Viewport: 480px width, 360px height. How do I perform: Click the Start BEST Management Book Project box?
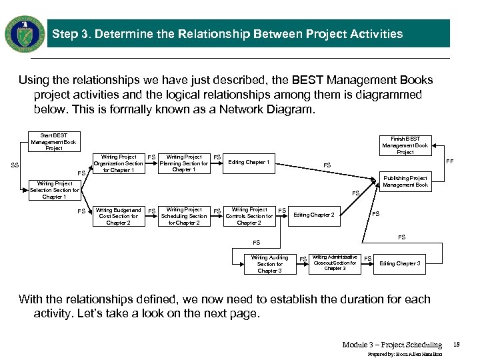(53, 142)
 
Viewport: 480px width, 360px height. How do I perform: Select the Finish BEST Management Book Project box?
(405, 145)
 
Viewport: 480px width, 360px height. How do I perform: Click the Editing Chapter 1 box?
(249, 163)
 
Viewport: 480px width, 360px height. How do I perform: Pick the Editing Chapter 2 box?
(314, 215)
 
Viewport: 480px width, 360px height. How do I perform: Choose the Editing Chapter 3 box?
(399, 264)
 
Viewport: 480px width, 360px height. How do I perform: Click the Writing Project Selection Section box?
(54, 190)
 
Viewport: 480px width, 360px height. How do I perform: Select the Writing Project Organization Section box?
(119, 163)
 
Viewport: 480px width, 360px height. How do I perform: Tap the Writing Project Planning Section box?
(184, 163)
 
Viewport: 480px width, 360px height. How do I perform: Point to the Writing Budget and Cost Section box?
(119, 216)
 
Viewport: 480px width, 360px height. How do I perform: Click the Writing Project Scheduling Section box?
(184, 216)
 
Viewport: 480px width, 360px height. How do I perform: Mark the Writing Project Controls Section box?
(249, 216)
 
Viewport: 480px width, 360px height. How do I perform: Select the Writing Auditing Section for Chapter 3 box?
(269, 264)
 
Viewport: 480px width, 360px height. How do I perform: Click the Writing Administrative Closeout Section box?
(335, 263)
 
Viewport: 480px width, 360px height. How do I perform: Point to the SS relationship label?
(15, 165)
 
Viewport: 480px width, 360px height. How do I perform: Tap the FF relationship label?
(449, 161)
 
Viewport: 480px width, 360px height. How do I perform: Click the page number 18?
(456, 345)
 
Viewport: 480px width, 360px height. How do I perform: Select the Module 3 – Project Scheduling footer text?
(392, 345)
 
